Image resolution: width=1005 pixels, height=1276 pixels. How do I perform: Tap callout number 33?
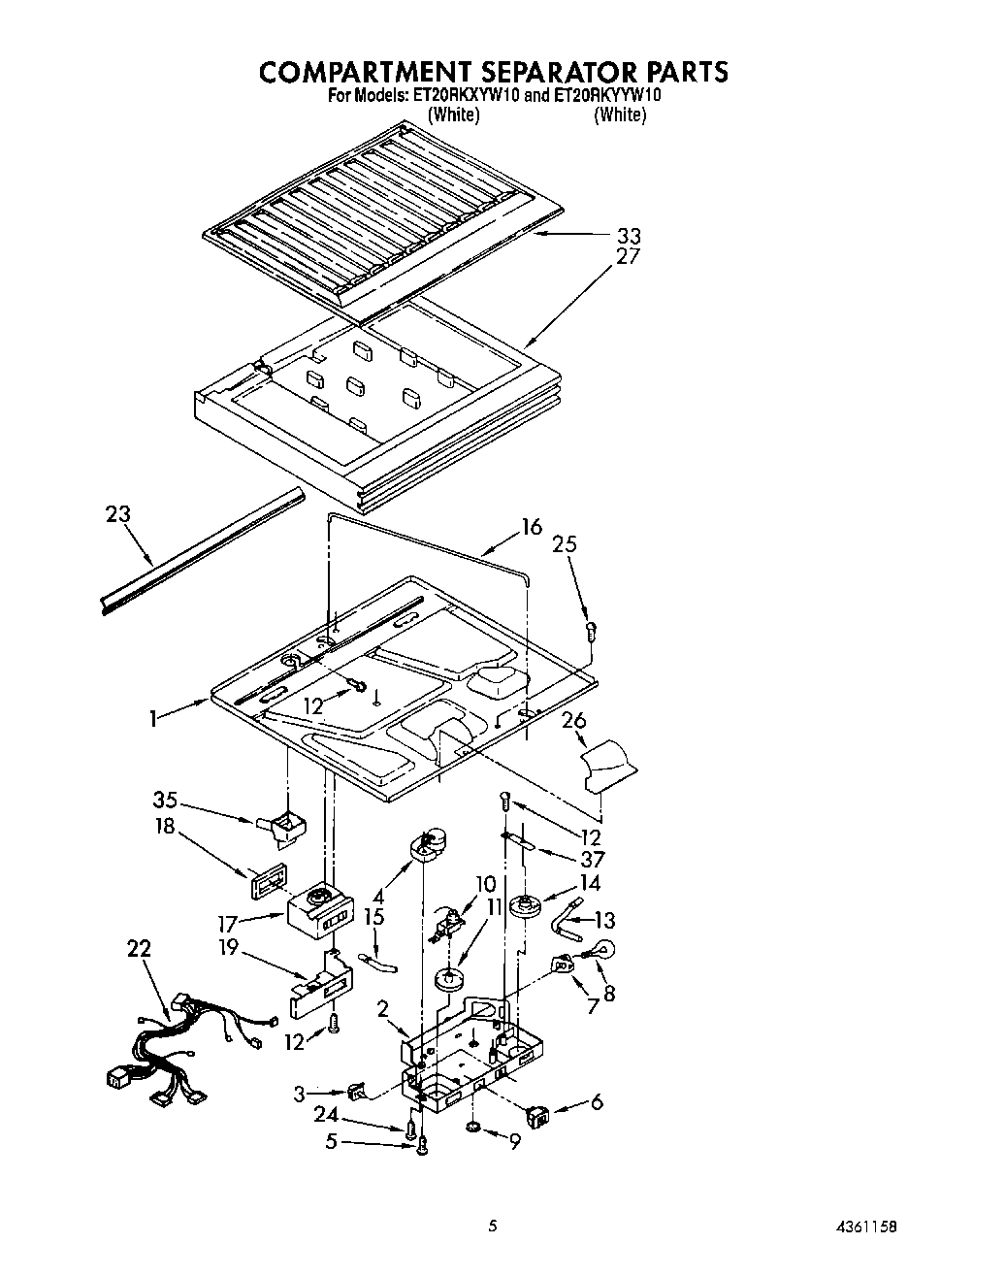click(x=629, y=236)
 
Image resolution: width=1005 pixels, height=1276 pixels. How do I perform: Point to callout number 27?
click(x=629, y=257)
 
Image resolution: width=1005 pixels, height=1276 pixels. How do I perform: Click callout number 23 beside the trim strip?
click(x=118, y=514)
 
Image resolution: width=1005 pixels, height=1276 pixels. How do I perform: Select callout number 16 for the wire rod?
click(x=531, y=527)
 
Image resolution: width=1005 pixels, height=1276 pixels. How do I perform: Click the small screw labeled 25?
click(x=590, y=633)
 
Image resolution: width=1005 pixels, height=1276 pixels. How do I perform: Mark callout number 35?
click(x=165, y=801)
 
